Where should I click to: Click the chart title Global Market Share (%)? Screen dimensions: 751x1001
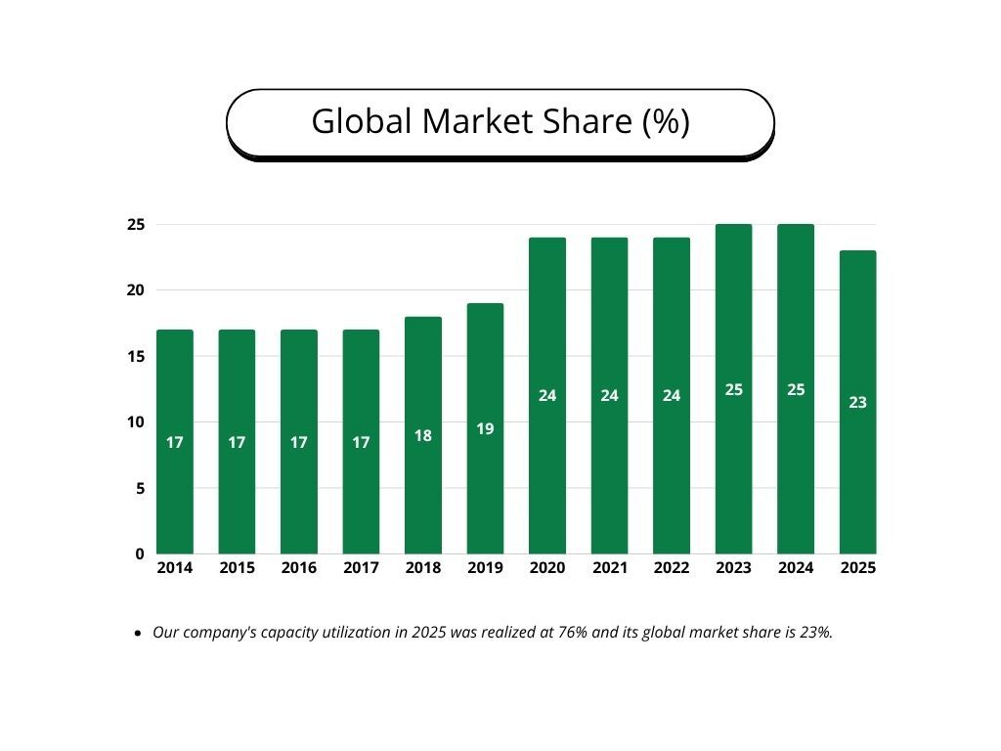click(x=500, y=121)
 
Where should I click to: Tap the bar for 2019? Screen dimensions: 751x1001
click(x=485, y=489)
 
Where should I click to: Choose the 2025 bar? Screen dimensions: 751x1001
click(x=857, y=489)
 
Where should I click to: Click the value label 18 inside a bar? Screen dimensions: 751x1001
click(x=423, y=436)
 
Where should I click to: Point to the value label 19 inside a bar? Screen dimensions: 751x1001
click(x=485, y=428)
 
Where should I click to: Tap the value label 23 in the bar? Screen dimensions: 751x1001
click(x=857, y=402)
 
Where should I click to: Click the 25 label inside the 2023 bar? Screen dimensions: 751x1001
click(x=734, y=389)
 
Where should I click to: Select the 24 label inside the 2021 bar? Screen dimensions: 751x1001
click(x=609, y=396)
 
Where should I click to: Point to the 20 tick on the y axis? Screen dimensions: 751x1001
click(x=136, y=290)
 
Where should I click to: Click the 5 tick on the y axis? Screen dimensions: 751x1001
click(x=140, y=488)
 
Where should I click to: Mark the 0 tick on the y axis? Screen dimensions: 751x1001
click(x=140, y=554)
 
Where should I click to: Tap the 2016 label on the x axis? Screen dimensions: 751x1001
click(x=299, y=568)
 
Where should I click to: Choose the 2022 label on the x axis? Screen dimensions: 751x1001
click(x=672, y=568)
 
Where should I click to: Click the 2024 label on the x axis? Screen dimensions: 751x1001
click(x=796, y=568)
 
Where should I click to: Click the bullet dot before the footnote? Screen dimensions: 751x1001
click(x=137, y=634)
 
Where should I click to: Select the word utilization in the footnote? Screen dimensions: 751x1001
click(x=361, y=633)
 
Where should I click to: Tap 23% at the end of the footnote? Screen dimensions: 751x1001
click(x=817, y=633)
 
